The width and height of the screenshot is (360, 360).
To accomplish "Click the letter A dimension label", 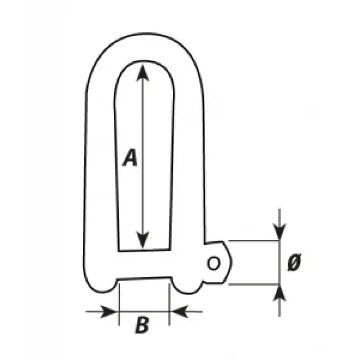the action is point(130,157).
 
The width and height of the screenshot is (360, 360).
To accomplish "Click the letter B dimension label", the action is point(142,324).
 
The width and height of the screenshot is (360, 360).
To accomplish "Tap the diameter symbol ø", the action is point(294,262).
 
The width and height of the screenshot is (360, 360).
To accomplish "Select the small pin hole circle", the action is point(213,263).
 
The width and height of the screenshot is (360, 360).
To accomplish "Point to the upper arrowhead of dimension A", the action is point(143,73).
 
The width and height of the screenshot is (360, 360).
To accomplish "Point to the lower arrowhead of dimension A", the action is point(143,240).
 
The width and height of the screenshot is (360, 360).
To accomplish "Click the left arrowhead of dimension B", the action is point(108,311).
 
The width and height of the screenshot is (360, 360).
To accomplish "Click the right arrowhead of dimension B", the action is point(180,311).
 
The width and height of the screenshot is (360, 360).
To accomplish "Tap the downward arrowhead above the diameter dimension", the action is point(279,232).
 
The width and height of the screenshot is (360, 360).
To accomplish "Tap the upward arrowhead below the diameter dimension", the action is point(279,293).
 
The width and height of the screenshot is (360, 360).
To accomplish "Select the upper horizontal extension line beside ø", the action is point(253,241).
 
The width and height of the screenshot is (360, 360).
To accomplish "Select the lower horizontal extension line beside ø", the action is point(253,284).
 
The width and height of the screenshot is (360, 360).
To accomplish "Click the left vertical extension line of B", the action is point(119,305).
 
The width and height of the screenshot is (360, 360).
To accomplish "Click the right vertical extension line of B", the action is point(169,305).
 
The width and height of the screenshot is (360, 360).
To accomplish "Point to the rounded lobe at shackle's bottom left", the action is point(101,290).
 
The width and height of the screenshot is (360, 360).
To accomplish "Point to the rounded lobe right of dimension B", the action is point(187,291).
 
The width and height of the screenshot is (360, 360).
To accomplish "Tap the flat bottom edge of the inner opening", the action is point(144,250).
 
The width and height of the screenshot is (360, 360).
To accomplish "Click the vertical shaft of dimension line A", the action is point(143,157).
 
